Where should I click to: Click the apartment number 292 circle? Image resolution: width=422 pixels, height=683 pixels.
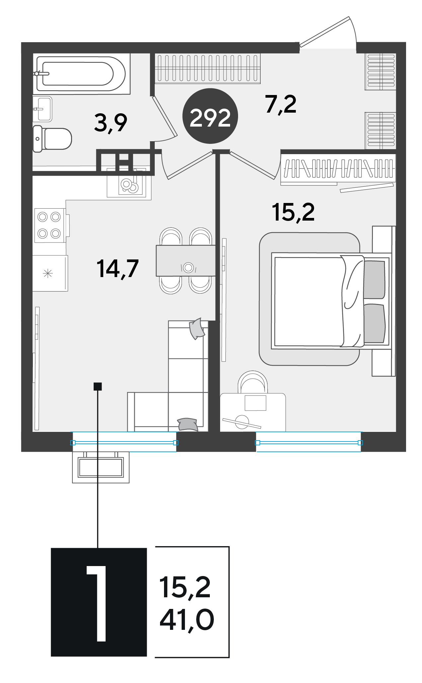tap(210, 116)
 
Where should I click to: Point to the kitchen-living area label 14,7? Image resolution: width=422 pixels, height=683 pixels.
tap(118, 269)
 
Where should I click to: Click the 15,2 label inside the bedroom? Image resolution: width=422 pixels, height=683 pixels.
tap(293, 212)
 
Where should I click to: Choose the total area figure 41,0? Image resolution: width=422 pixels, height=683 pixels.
tap(187, 620)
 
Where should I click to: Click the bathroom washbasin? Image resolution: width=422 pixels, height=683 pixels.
tap(42, 109)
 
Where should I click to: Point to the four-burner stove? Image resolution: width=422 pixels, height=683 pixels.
tap(50, 226)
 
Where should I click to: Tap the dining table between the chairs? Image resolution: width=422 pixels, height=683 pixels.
tap(186, 261)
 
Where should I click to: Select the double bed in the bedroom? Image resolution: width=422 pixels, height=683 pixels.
tap(332, 301)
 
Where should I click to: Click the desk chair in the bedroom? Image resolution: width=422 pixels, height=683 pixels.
tap(253, 382)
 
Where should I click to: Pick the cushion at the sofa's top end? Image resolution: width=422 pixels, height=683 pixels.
tap(197, 329)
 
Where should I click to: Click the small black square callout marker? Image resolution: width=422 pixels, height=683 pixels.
tap(98, 386)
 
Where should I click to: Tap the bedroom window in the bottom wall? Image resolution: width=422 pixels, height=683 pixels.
tap(308, 442)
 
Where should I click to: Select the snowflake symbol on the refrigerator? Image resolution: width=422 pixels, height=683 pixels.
tap(48, 274)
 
